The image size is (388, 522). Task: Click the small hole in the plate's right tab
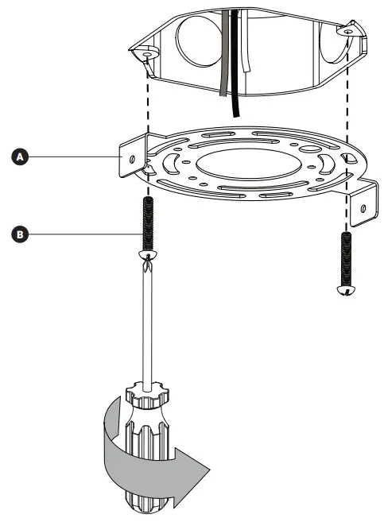click(x=363, y=208)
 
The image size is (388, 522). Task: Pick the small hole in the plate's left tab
click(x=127, y=158)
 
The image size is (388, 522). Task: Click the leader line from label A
click(x=72, y=157)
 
